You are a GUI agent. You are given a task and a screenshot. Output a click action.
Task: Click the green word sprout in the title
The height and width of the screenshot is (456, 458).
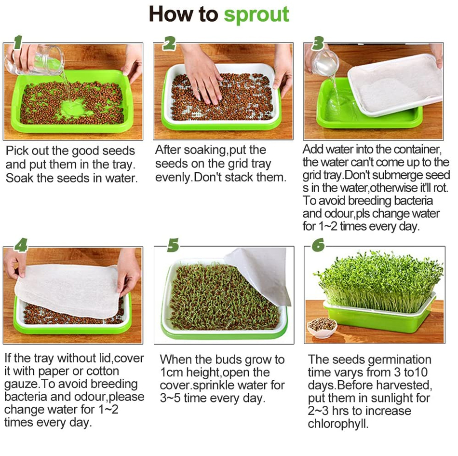click(x=256, y=14)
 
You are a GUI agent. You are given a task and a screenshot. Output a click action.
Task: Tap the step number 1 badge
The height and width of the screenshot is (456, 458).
click(x=18, y=42)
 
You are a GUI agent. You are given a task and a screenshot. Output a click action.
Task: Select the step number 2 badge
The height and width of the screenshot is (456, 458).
click(x=169, y=43)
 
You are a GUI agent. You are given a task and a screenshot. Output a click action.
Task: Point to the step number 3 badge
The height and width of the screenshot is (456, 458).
click(x=318, y=43)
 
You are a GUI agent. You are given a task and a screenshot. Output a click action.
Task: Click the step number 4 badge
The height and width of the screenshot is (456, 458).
click(x=21, y=245)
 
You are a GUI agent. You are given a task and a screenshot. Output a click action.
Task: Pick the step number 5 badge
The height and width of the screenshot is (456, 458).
click(x=173, y=245)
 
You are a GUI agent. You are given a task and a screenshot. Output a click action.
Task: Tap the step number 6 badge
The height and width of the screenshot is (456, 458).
click(x=318, y=245)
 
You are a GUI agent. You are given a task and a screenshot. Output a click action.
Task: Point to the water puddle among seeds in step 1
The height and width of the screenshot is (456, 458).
click(x=74, y=108)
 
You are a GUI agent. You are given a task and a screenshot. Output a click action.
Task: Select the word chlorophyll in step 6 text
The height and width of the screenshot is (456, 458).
click(x=338, y=424)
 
